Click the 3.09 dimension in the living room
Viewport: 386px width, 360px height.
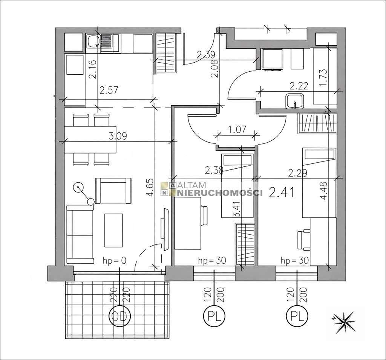click(117, 136)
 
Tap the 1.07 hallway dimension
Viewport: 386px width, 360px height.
click(237, 129)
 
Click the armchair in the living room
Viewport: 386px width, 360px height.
click(113, 190)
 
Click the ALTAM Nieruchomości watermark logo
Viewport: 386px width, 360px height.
click(211, 189)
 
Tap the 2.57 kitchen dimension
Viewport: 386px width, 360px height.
click(109, 90)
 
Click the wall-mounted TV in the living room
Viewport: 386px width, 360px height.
click(164, 228)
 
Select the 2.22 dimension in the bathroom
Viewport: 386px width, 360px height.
click(298, 86)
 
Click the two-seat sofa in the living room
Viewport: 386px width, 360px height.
click(80, 234)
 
